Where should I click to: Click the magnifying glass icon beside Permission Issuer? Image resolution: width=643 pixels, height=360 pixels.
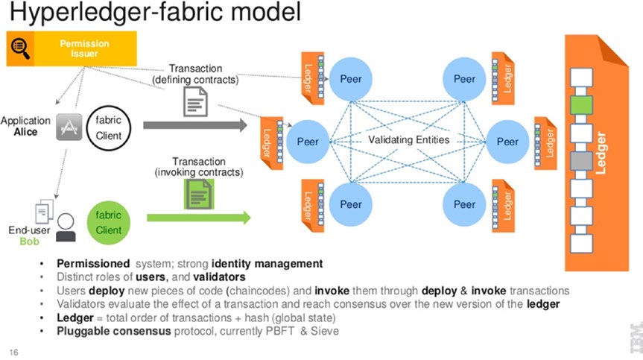(19, 49)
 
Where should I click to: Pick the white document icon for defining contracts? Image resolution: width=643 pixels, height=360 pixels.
(195, 101)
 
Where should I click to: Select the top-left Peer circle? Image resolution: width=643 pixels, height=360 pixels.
(351, 79)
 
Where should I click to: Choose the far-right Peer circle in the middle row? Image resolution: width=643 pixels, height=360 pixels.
(508, 142)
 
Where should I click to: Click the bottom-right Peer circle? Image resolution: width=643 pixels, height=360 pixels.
(464, 204)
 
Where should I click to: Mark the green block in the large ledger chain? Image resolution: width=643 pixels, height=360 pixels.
(584, 104)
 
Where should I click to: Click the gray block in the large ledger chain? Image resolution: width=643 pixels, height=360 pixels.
(584, 160)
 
